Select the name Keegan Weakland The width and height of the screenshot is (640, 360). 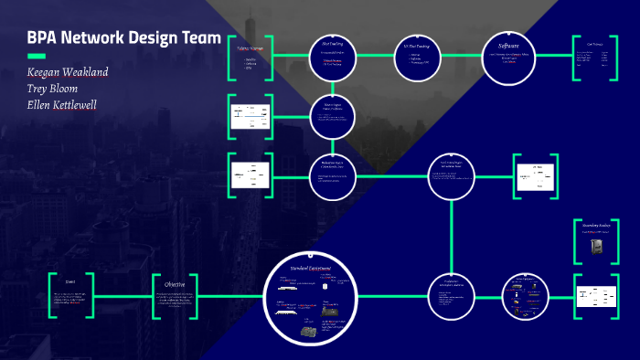tap(69, 72)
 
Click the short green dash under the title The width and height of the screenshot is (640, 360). tap(37, 56)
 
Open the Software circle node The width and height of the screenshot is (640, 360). tap(508, 58)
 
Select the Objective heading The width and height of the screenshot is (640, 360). tap(174, 284)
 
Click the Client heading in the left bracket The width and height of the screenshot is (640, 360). tap(70, 282)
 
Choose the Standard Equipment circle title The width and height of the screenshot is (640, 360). tap(311, 268)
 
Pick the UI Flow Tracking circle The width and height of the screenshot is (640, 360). tap(417, 57)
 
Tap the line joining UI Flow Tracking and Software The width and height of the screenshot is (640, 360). tap(462, 57)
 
